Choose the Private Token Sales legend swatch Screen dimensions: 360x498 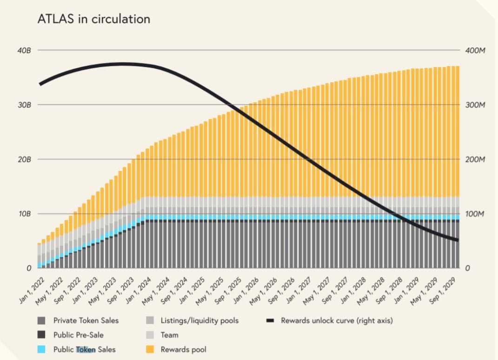(x=41, y=320)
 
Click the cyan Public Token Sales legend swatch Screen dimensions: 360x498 (x=41, y=349)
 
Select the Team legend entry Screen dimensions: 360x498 (x=169, y=335)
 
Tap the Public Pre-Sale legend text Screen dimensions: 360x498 (x=78, y=335)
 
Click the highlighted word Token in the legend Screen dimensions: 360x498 (x=86, y=349)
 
